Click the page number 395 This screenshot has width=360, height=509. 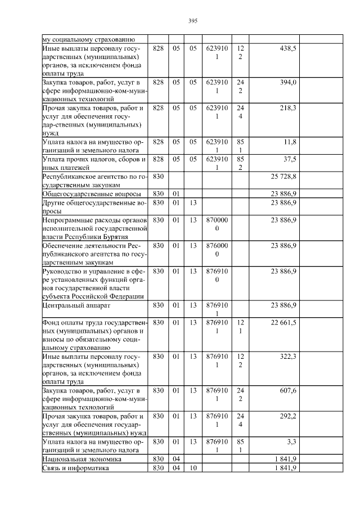192,21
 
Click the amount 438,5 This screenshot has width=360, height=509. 288,49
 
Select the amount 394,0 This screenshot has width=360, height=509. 289,82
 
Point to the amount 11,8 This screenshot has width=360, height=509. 290,142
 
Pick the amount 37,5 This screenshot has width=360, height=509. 290,159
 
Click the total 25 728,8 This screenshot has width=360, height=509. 283,177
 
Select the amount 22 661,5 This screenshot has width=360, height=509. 283,322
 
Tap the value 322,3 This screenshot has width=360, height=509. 289,356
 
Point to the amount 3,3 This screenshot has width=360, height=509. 292,442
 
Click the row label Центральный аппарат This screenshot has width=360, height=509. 70,305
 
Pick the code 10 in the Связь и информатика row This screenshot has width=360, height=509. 192,468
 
